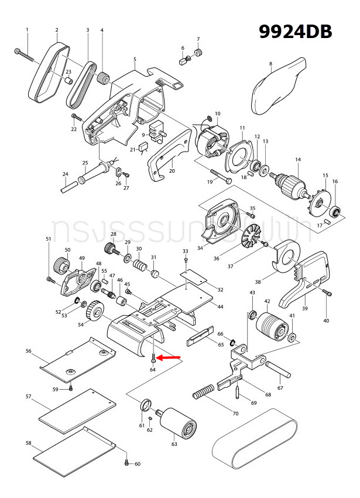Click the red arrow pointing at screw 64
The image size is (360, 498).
point(170,357)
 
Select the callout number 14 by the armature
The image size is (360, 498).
point(297,160)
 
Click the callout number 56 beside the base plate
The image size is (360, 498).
point(28,351)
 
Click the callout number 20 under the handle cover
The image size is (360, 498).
point(172,171)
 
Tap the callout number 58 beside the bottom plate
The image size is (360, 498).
point(28,443)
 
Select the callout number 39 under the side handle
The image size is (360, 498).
point(304,308)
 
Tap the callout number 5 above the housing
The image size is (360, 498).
point(135,59)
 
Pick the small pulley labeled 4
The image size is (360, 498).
point(104,77)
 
